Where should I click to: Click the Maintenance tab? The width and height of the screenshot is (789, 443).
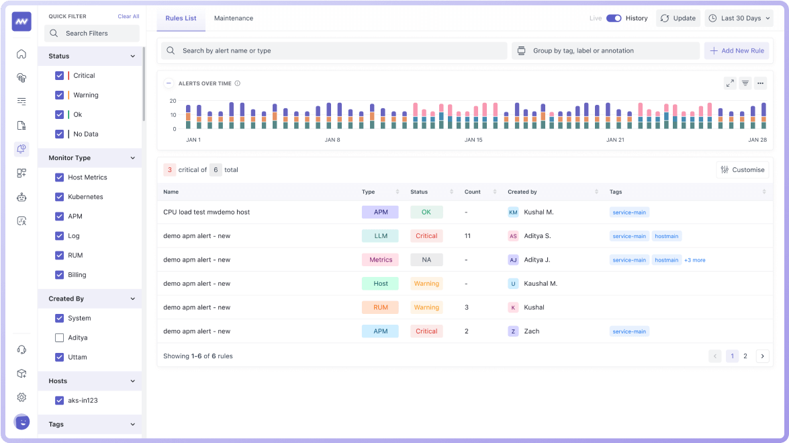234,18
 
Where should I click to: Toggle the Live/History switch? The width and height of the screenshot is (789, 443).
614,18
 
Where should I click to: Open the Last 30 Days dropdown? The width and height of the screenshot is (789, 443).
739,18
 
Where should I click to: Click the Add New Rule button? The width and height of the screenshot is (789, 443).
737,50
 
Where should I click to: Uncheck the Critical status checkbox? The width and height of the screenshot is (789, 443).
60,76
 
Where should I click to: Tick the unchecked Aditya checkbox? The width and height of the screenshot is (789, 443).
60,337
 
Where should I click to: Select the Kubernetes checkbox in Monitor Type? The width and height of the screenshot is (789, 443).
60,197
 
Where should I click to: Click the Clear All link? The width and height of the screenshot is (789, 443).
128,16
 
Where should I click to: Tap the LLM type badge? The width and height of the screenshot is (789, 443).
380,236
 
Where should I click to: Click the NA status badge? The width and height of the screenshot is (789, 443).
426,259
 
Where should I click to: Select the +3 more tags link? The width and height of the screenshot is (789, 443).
694,260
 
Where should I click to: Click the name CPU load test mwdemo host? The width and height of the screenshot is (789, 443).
206,212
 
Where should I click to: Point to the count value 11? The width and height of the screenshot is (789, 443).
467,236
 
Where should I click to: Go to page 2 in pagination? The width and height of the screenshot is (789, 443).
745,356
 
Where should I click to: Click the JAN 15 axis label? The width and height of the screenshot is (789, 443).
473,140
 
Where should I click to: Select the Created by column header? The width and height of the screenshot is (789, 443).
522,192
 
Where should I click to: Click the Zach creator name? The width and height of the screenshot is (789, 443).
531,331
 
